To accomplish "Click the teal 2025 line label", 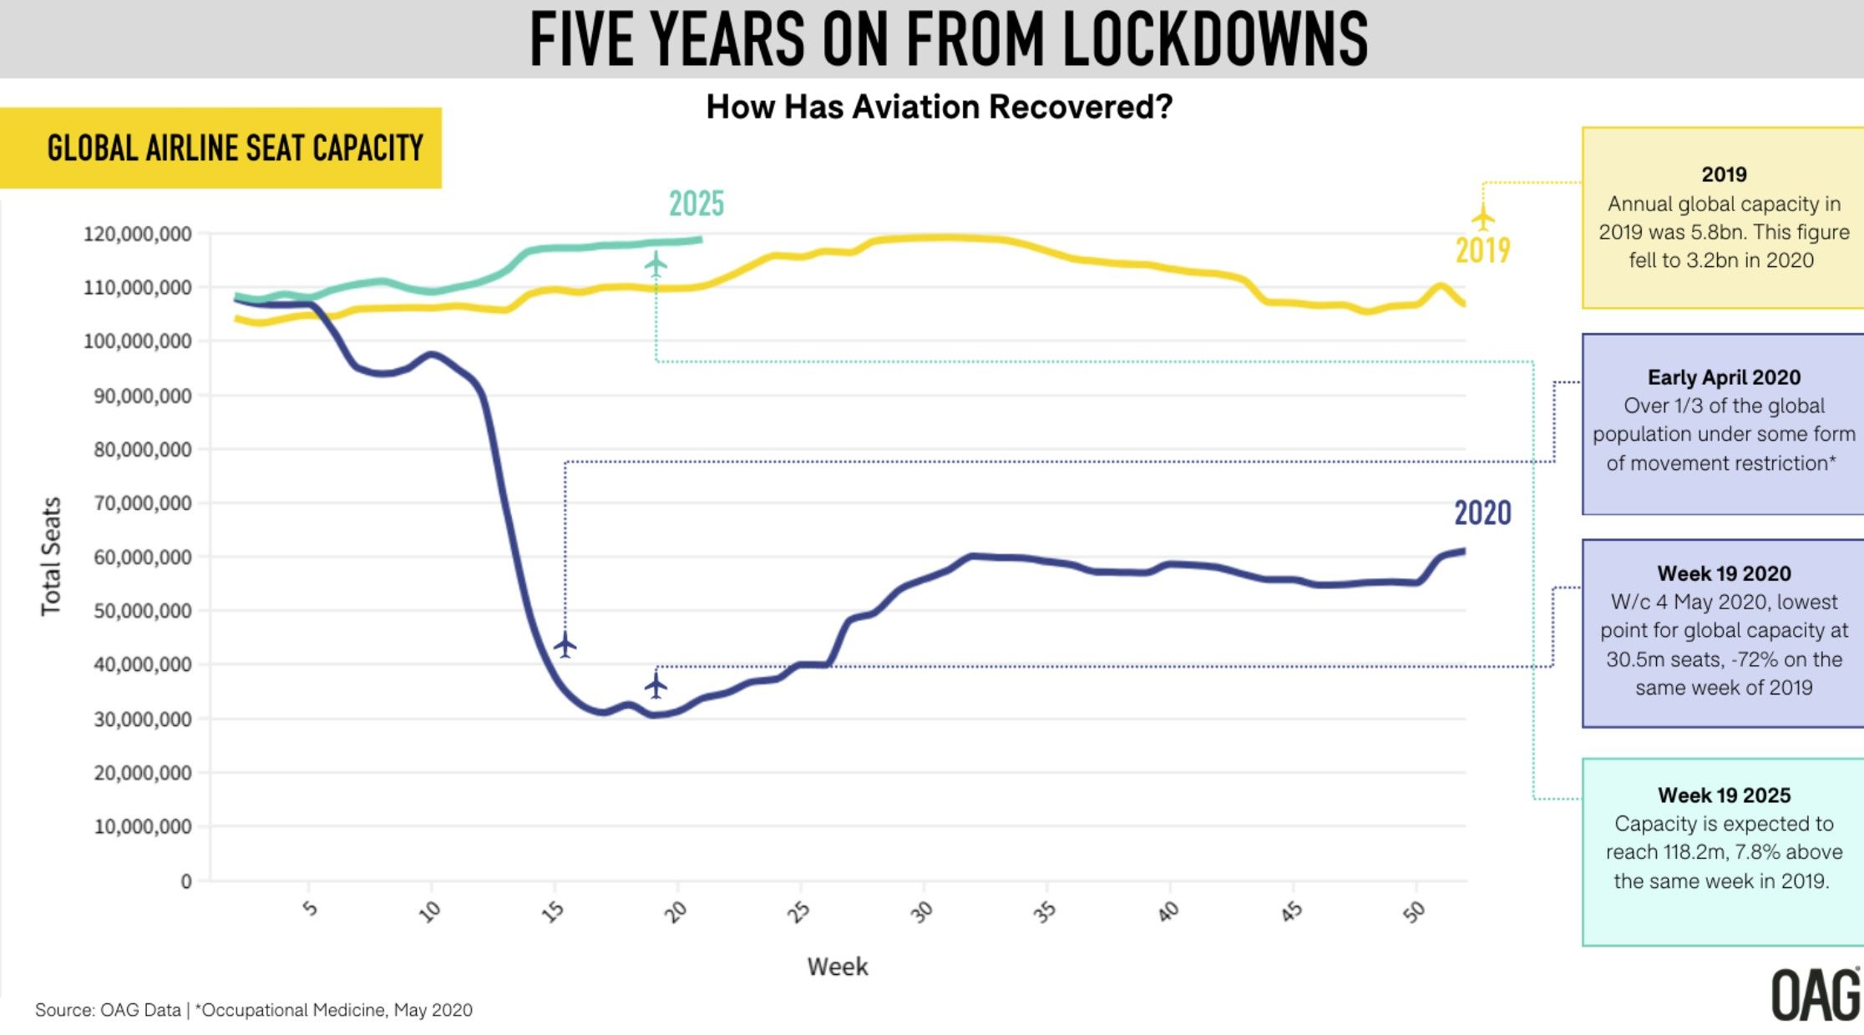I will click(x=696, y=204).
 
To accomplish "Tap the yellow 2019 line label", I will click(x=1482, y=250).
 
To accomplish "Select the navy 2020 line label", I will click(x=1482, y=512).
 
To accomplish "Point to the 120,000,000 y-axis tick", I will click(x=137, y=234).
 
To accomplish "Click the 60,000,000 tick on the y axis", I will click(x=142, y=557).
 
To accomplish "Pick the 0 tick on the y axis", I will click(x=186, y=881).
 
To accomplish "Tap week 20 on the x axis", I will click(x=676, y=911).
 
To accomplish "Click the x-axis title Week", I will click(x=837, y=967).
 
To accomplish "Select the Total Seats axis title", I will click(x=51, y=556).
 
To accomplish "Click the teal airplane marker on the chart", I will click(x=656, y=265).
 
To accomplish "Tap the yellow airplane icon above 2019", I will click(x=1482, y=217).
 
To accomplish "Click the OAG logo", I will click(x=1816, y=994).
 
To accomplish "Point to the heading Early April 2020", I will click(x=1724, y=377).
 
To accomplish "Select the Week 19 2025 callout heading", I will click(x=1724, y=795).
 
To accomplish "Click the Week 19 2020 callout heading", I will click(x=1724, y=573).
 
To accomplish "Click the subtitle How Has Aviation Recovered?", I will click(x=939, y=107).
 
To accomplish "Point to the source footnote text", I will click(x=253, y=1010).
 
